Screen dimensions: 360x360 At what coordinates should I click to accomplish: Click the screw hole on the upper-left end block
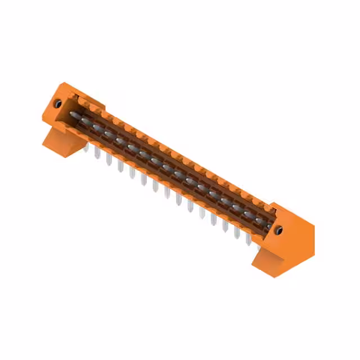pos(57,103)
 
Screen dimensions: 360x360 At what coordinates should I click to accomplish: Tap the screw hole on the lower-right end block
pos(278,229)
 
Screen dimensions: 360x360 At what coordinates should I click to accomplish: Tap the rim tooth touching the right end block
pos(265,206)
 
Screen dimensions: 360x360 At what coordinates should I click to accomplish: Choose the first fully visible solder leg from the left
pos(97,154)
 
